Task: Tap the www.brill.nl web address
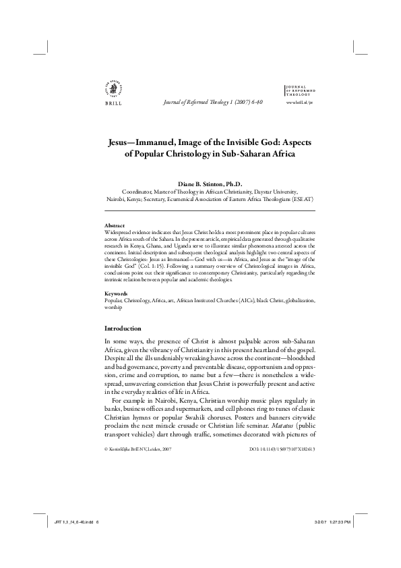pyautogui.click(x=300, y=102)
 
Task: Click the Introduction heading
pyautogui.click(x=123, y=329)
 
